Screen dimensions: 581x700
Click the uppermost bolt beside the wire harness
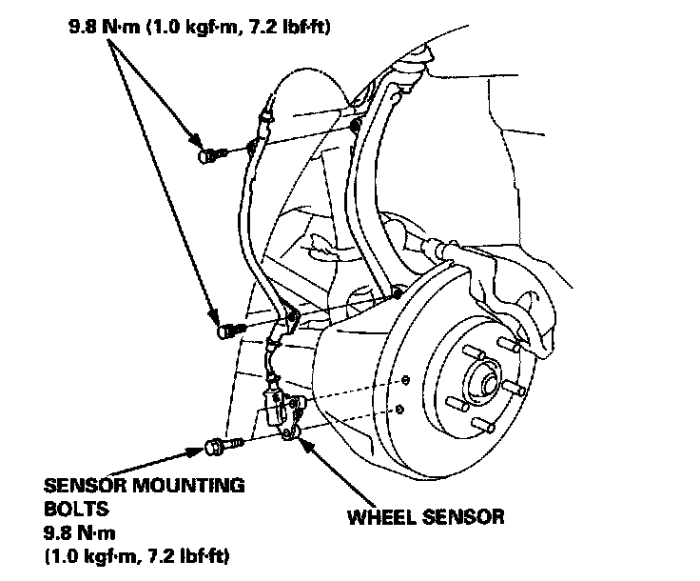click(209, 154)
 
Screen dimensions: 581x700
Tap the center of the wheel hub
click(488, 382)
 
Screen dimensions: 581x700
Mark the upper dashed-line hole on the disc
click(406, 382)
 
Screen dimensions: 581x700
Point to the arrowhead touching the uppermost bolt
click(196, 142)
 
